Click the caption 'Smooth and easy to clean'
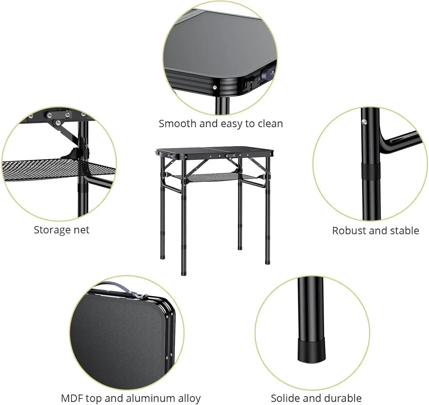pyautogui.click(x=221, y=123)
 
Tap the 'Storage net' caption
pyautogui.click(x=61, y=230)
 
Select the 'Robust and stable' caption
pyautogui.click(x=375, y=230)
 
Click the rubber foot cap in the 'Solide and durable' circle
pyautogui.click(x=311, y=350)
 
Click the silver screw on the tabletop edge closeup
pyautogui.click(x=214, y=87)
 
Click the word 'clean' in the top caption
pyautogui.click(x=270, y=123)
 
